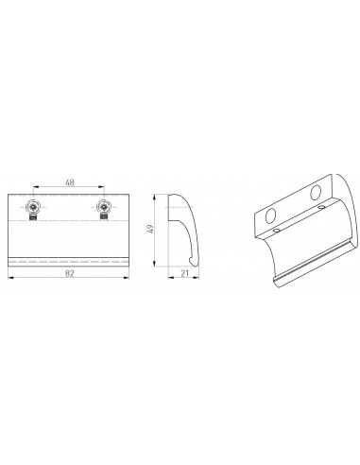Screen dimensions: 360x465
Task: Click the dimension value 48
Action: click(x=70, y=182)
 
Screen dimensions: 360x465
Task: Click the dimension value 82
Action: click(x=69, y=273)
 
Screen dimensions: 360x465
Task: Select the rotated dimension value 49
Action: click(x=150, y=229)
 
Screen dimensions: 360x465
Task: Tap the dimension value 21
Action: click(x=184, y=273)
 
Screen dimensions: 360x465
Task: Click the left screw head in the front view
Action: click(x=33, y=207)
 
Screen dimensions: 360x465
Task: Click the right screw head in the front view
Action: click(x=103, y=207)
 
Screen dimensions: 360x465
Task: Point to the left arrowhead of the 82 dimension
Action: click(x=10, y=278)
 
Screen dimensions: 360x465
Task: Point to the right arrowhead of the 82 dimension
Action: click(x=127, y=278)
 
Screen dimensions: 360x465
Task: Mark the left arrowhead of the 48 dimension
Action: click(x=36, y=187)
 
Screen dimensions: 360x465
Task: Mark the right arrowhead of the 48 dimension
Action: click(x=101, y=187)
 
